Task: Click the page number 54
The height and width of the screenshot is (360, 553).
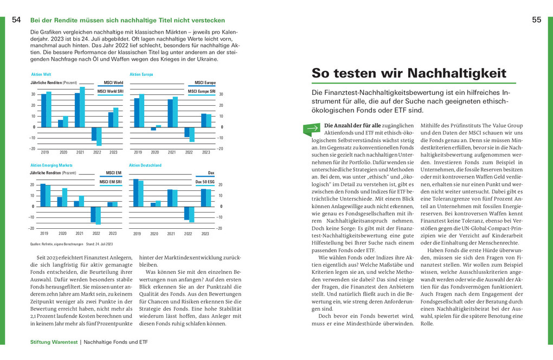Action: [16, 20]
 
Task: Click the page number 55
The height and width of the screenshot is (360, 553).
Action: [536, 20]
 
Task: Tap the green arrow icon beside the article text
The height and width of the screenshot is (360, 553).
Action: [312, 128]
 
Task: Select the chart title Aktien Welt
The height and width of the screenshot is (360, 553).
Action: [41, 74]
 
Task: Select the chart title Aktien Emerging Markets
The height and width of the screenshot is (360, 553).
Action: [52, 165]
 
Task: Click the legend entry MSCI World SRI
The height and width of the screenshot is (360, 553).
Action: [111, 92]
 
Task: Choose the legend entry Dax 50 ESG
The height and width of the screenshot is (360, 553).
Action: [205, 182]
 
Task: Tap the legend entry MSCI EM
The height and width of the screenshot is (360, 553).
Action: [114, 173]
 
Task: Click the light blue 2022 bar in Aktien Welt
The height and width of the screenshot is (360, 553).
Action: [99, 136]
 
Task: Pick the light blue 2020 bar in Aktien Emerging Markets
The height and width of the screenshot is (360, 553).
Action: [65, 197]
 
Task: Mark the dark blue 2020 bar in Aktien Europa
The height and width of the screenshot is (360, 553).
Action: [153, 129]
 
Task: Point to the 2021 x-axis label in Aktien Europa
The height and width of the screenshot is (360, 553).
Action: [172, 152]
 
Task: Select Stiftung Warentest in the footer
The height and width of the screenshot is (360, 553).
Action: [54, 342]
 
